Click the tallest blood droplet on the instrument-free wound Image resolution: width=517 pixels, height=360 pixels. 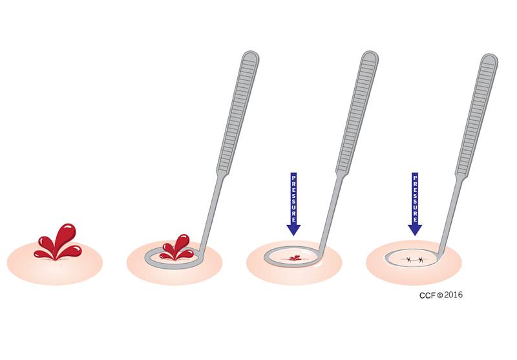65,234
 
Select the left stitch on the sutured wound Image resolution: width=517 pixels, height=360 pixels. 408,260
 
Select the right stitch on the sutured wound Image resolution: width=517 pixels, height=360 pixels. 421,260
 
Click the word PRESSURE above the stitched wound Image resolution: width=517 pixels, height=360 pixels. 414,196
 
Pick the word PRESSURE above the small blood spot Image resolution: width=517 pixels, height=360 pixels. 293,196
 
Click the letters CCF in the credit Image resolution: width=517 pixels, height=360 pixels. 427,295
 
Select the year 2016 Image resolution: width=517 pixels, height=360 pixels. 454,295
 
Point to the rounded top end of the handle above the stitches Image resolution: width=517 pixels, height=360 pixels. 490,59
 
